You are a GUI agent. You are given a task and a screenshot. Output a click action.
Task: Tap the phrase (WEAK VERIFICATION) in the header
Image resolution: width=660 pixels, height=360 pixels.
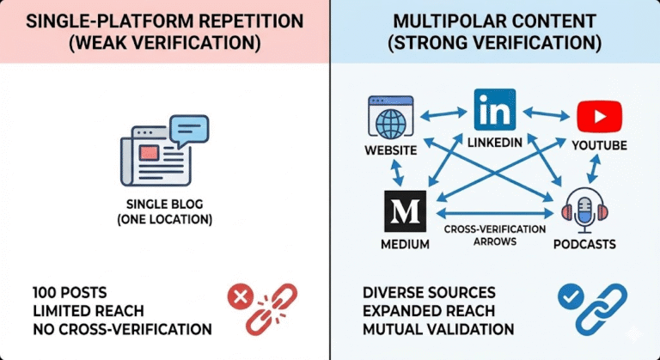[x=163, y=41]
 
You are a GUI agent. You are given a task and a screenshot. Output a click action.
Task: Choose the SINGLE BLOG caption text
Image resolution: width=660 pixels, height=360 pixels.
[x=164, y=205]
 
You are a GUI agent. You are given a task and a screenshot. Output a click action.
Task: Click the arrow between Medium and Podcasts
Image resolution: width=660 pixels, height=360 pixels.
[x=494, y=212]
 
